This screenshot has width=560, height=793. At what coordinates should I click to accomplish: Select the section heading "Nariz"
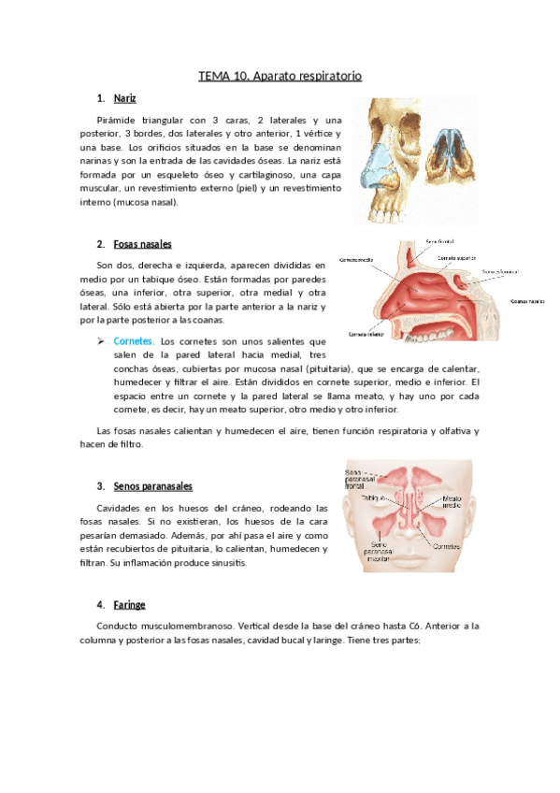[x=124, y=98]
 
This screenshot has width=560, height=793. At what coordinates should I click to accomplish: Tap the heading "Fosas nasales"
[x=142, y=244]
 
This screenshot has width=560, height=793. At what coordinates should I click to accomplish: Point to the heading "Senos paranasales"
[x=152, y=486]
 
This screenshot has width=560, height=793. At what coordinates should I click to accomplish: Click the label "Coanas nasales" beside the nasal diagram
[x=527, y=302]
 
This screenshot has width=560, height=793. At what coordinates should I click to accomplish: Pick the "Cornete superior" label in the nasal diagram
[x=459, y=256]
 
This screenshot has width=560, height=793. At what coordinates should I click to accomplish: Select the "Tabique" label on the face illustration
[x=374, y=498]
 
